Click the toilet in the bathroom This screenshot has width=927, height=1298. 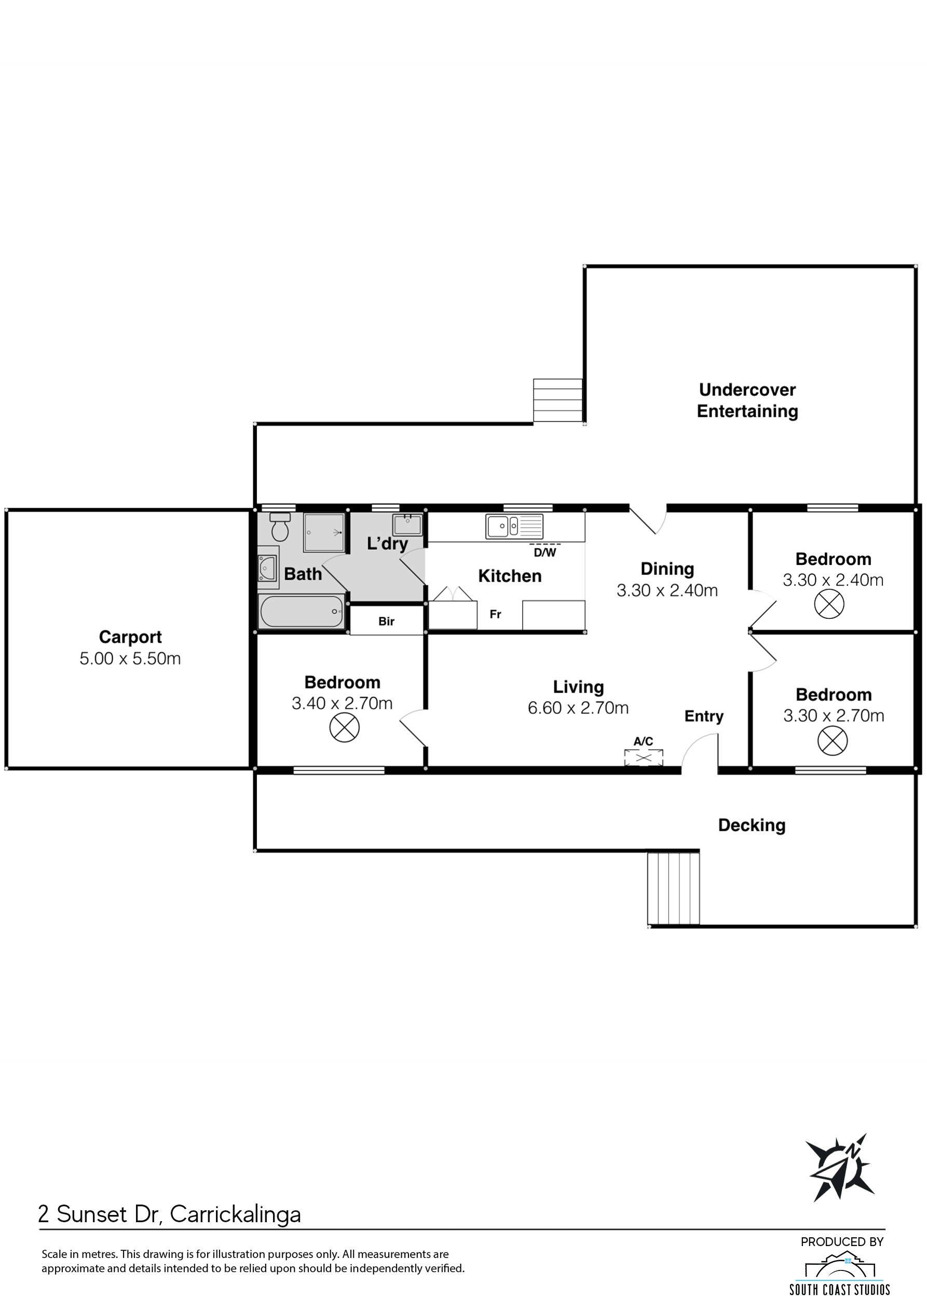pyautogui.click(x=280, y=526)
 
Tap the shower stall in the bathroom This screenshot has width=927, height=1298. pyautogui.click(x=324, y=532)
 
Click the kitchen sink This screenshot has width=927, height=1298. pyautogui.click(x=514, y=526)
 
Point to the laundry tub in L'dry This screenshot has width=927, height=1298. pyautogui.click(x=407, y=524)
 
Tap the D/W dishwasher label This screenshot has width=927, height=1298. pyautogui.click(x=544, y=553)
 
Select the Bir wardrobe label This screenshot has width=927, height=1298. pyautogui.click(x=387, y=621)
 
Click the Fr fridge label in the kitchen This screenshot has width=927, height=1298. pyautogui.click(x=496, y=614)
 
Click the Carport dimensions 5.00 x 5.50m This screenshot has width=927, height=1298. pyautogui.click(x=130, y=658)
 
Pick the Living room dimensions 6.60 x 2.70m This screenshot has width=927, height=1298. pyautogui.click(x=578, y=708)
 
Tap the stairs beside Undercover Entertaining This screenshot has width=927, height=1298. pyautogui.click(x=557, y=400)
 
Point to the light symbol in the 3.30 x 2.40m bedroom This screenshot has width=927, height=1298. pyautogui.click(x=829, y=604)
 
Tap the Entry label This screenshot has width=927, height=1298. pyautogui.click(x=704, y=716)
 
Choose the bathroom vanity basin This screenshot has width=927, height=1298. pyautogui.click(x=267, y=568)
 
